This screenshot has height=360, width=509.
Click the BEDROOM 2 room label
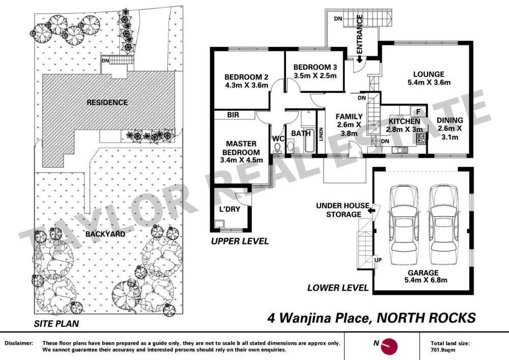(x=246, y=77)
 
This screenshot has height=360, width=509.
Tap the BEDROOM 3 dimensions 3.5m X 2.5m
(x=315, y=76)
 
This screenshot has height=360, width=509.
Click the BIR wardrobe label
(x=233, y=116)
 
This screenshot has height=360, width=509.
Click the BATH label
(x=299, y=133)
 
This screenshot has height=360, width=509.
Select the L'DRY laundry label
(x=229, y=209)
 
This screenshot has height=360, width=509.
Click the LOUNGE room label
(x=429, y=74)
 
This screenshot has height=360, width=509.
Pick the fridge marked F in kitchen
(x=418, y=112)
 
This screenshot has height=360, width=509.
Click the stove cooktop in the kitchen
(x=421, y=139)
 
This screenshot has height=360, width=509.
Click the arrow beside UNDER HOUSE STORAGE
(x=371, y=209)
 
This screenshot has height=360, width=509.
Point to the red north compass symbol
(x=389, y=346)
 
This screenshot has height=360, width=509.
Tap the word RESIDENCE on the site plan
(x=107, y=102)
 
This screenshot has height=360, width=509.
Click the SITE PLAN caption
(x=56, y=323)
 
